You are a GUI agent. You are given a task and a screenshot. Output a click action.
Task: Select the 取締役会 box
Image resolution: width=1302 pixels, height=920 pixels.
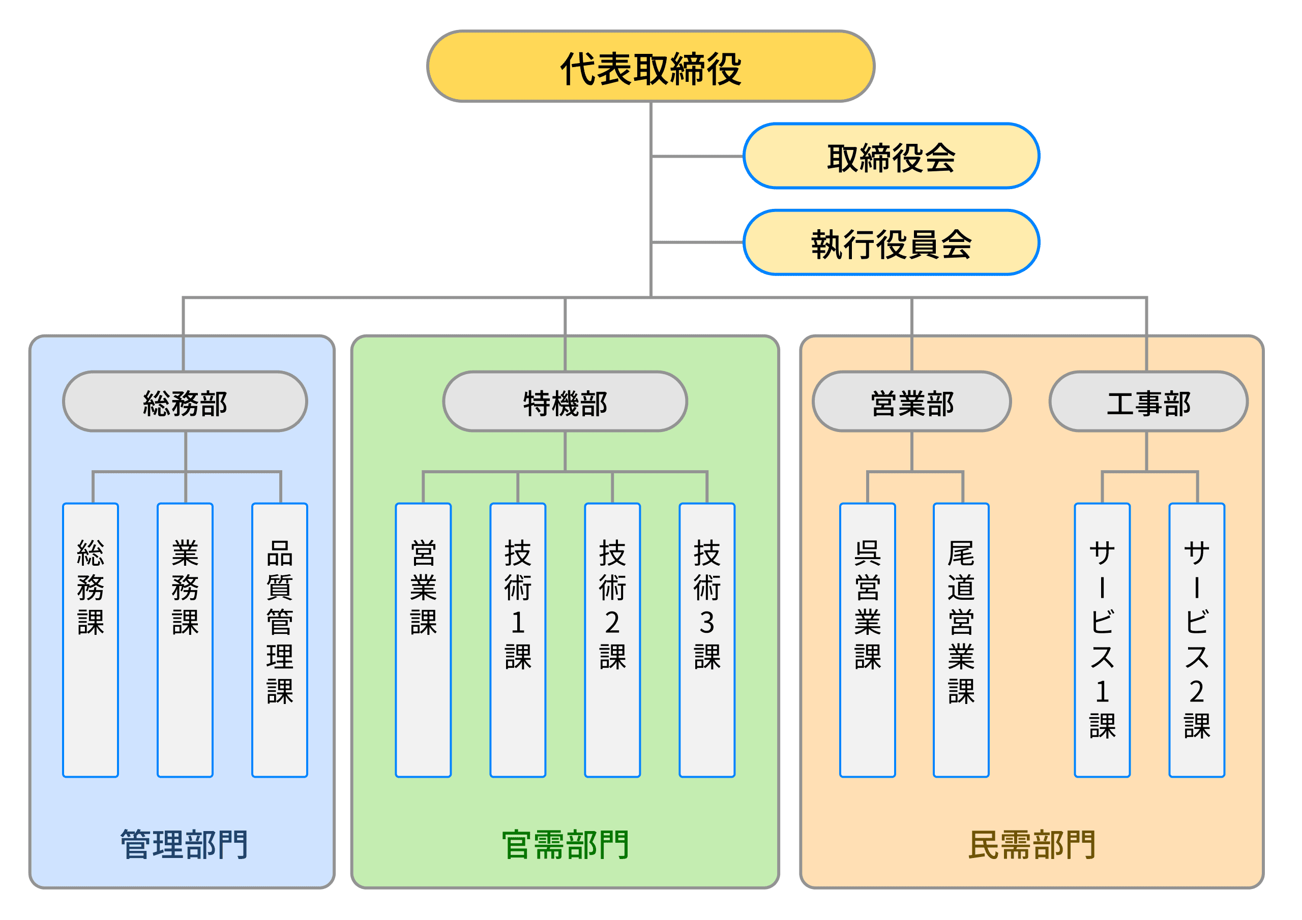click(891, 156)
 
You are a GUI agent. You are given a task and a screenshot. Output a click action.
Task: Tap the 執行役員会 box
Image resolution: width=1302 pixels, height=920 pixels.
click(891, 242)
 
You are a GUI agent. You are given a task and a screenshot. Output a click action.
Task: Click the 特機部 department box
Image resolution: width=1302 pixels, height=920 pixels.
click(565, 402)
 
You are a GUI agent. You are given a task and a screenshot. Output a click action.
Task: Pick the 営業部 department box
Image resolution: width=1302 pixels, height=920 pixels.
click(911, 402)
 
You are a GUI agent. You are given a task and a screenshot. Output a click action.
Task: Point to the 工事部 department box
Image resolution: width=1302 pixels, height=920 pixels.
click(1148, 402)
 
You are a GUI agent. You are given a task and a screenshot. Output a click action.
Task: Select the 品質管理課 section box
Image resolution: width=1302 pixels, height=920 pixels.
click(280, 640)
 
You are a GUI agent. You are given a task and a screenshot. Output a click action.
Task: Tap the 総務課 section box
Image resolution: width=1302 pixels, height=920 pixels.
click(91, 640)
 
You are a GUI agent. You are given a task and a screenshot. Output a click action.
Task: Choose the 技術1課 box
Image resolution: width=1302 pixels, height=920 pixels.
click(518, 640)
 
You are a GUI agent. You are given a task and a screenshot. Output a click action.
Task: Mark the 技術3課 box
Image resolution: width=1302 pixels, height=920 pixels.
click(706, 640)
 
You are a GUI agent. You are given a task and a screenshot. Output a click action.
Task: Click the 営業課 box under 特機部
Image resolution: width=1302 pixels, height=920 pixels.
click(423, 640)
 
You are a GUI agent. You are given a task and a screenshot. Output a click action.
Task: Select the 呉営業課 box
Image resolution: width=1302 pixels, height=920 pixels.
click(868, 640)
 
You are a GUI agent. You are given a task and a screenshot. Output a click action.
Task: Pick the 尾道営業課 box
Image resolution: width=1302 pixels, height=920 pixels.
click(961, 640)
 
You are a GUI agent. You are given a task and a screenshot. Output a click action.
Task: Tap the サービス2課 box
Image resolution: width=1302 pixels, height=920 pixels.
click(1197, 640)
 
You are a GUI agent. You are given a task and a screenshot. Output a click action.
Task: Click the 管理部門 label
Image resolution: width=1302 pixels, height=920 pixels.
click(184, 845)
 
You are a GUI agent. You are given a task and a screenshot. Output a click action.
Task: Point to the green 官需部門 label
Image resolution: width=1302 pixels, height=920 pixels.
click(566, 845)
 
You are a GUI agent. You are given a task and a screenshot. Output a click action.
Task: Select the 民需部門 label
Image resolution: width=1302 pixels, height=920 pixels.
click(1032, 845)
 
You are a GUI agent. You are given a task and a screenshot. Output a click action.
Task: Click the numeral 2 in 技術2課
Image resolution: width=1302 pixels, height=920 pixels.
click(612, 623)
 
